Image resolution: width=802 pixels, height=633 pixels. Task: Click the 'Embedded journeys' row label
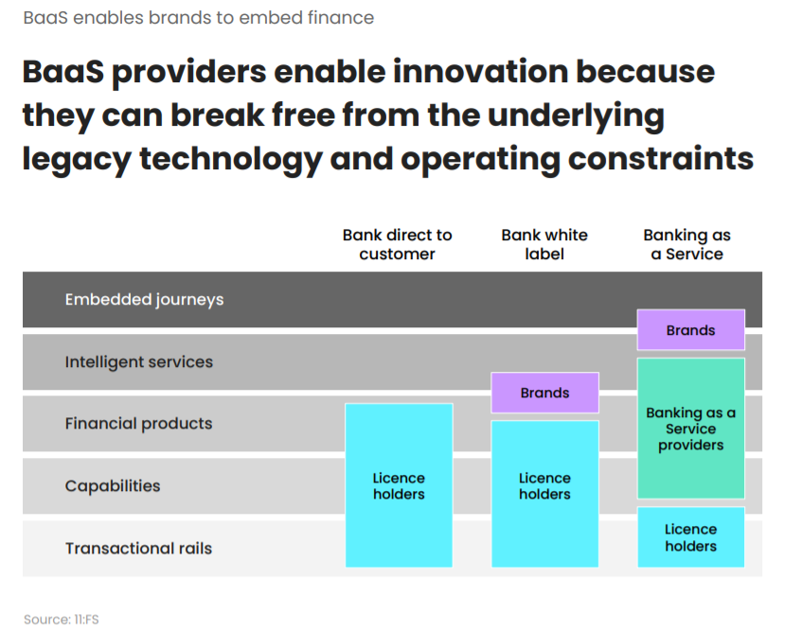pyautogui.click(x=144, y=300)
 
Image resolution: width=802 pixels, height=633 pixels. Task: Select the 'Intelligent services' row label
pyautogui.click(x=138, y=362)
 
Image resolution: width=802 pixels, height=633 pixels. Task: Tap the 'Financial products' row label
pyautogui.click(x=138, y=424)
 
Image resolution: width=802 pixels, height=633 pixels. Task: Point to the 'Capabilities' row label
pyautogui.click(x=113, y=486)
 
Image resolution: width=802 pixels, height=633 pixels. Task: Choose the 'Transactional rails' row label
pyautogui.click(x=138, y=549)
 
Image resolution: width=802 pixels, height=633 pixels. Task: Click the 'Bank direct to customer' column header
pyautogui.click(x=398, y=244)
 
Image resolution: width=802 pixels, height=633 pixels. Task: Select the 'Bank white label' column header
pyautogui.click(x=544, y=244)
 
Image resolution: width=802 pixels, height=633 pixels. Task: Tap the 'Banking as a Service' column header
pyautogui.click(x=687, y=244)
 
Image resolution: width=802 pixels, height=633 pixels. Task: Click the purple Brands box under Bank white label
pyautogui.click(x=544, y=393)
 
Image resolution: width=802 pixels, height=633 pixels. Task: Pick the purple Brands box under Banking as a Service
pyautogui.click(x=690, y=330)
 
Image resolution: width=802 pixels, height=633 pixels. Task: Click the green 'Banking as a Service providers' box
pyautogui.click(x=690, y=429)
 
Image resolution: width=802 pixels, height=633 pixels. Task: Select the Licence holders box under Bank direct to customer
pyautogui.click(x=399, y=485)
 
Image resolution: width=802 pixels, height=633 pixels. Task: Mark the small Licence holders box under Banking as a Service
pyautogui.click(x=690, y=537)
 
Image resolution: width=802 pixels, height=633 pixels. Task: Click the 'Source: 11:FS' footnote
pyautogui.click(x=62, y=620)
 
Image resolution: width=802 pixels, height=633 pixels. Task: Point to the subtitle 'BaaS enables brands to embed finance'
pyautogui.click(x=198, y=18)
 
